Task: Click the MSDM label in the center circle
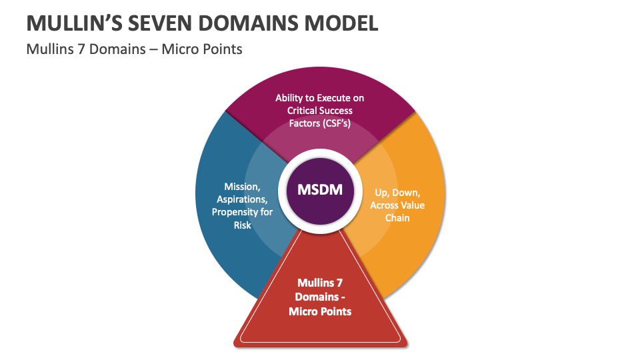[319, 189]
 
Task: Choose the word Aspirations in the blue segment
[242, 199]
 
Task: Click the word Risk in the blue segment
[242, 225]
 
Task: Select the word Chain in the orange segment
[397, 218]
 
